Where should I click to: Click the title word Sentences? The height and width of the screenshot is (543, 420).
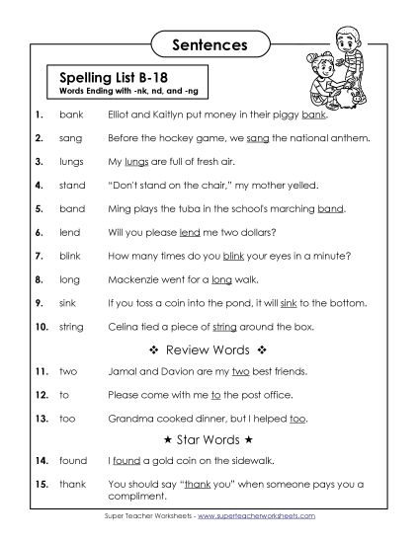(209, 43)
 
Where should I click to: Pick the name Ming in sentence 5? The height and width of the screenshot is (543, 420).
(121, 209)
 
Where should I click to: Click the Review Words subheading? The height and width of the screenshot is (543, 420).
(209, 349)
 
